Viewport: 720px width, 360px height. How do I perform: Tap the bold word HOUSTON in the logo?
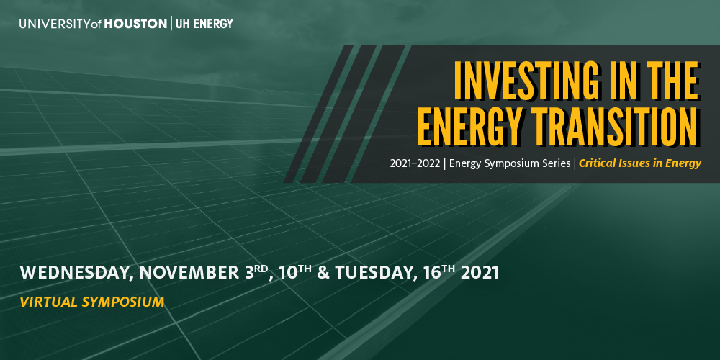click(135, 24)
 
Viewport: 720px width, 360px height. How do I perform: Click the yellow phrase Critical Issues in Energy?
click(640, 164)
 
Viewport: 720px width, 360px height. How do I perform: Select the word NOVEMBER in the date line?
click(189, 273)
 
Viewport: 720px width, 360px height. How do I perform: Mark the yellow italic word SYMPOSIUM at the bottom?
click(123, 302)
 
